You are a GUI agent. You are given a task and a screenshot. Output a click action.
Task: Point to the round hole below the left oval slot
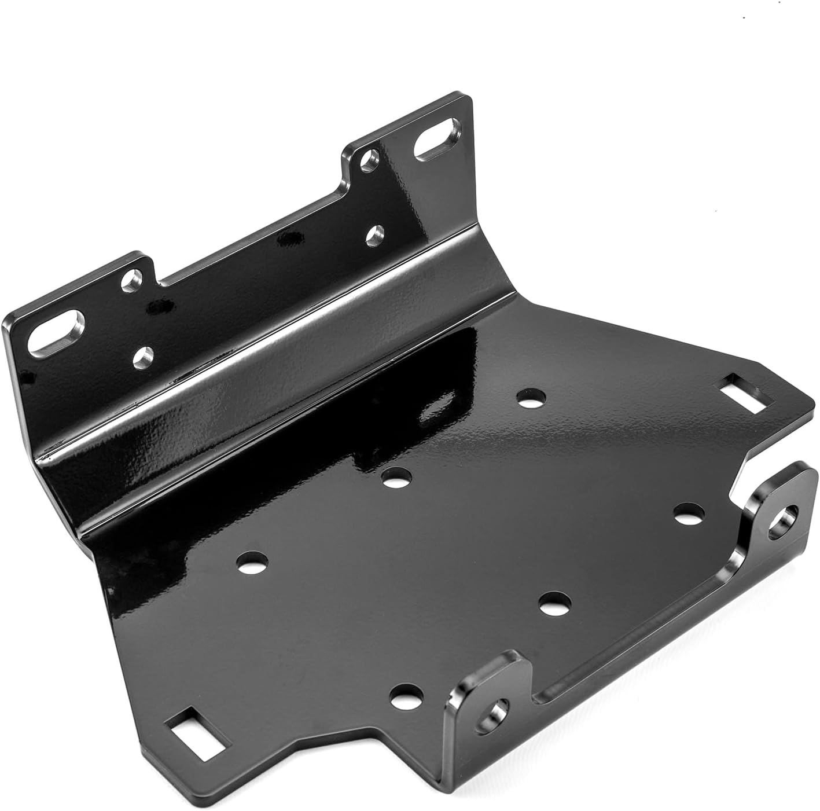(143, 358)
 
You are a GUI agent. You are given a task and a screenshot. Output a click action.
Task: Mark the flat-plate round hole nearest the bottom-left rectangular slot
(406, 695)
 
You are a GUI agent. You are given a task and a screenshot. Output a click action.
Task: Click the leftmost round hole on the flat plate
(253, 559)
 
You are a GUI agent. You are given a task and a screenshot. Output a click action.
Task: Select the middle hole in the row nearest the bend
(397, 478)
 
